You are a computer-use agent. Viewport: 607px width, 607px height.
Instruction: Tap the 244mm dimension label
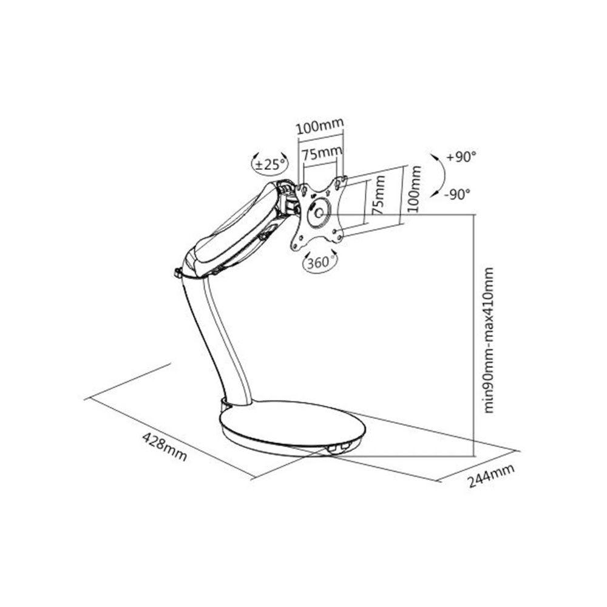[491, 475]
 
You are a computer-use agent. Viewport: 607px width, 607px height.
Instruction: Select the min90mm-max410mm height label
[490, 340]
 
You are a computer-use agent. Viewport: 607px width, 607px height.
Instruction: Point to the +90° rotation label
[461, 157]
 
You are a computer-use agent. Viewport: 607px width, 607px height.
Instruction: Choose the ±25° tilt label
[270, 164]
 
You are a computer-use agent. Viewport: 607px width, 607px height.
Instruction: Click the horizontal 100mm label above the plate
[320, 128]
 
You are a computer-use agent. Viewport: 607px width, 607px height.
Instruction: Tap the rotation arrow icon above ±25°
[256, 157]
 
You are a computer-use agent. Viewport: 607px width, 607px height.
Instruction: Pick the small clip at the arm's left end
[178, 273]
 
